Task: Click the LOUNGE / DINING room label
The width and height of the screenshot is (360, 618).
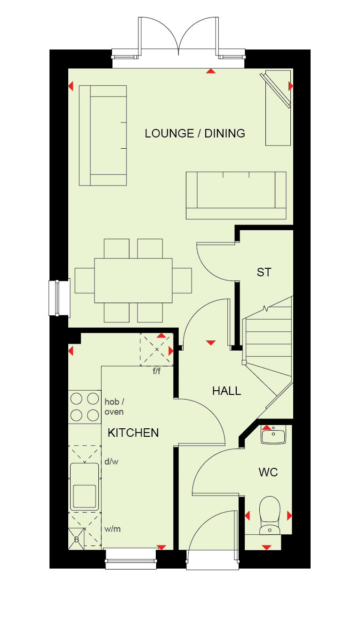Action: click(x=195, y=134)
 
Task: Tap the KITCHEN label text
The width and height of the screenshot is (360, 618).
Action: click(x=133, y=433)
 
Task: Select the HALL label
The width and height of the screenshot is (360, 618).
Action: click(x=226, y=391)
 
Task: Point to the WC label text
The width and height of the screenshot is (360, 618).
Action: click(x=268, y=473)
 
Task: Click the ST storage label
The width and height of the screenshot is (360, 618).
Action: click(x=264, y=273)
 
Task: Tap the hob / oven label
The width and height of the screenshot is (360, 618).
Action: click(x=114, y=407)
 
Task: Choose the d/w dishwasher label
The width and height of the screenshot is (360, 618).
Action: click(x=112, y=461)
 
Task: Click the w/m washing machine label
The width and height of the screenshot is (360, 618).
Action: click(x=112, y=529)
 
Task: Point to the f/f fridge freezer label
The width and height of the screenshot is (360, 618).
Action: click(x=157, y=371)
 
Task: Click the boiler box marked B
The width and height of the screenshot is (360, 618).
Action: click(x=76, y=539)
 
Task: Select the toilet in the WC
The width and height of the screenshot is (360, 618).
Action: click(x=270, y=515)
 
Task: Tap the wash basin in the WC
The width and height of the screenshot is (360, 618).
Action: click(x=273, y=434)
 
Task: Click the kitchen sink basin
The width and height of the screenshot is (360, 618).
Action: click(x=84, y=487)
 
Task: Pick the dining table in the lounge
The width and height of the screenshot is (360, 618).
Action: click(x=133, y=281)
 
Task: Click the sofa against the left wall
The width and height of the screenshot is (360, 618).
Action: click(x=103, y=136)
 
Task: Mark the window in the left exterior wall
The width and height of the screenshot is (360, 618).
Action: click(x=59, y=297)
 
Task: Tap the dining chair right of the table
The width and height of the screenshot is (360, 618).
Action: click(x=182, y=281)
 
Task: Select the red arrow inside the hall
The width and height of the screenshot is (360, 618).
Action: click(x=211, y=343)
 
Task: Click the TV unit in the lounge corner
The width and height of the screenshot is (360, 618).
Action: click(x=278, y=108)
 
